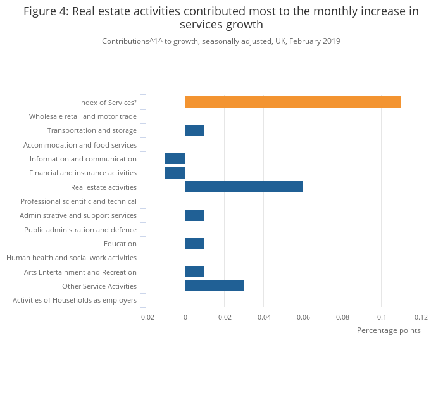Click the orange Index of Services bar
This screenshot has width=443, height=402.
(x=292, y=102)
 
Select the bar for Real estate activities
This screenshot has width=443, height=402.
(x=244, y=187)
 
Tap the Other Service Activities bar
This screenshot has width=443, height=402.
(x=214, y=286)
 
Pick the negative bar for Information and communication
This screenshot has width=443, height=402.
(x=175, y=159)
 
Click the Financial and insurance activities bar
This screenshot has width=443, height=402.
(x=175, y=173)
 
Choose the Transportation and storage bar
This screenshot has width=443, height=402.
(x=194, y=130)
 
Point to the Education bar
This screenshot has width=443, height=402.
(x=194, y=244)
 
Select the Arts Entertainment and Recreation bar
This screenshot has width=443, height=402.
(x=194, y=272)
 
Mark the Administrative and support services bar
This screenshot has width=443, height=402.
(x=194, y=215)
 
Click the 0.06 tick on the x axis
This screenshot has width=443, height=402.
(x=303, y=317)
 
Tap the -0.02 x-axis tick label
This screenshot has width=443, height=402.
(x=146, y=317)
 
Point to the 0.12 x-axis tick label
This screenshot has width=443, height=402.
(x=421, y=317)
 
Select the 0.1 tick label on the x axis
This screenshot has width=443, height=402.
(x=382, y=317)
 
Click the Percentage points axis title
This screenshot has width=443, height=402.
(x=389, y=330)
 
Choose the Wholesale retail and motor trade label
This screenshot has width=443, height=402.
(x=83, y=116)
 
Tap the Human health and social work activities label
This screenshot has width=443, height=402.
(x=72, y=258)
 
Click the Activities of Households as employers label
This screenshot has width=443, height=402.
(x=75, y=300)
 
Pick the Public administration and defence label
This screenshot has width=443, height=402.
(x=80, y=230)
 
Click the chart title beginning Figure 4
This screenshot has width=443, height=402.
(x=221, y=18)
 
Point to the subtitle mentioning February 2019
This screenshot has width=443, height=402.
(x=221, y=41)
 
